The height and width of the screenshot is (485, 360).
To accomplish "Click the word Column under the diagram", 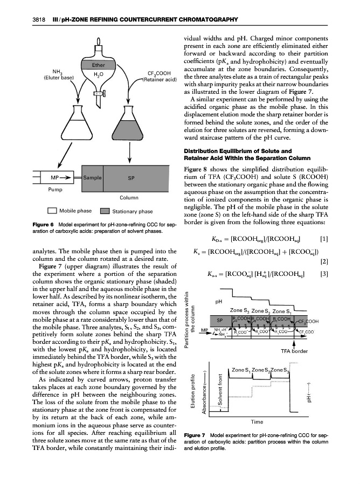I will pyautogui.click(x=129, y=197).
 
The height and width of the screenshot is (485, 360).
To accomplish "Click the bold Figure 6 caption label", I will pyautogui.click(x=30, y=224).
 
